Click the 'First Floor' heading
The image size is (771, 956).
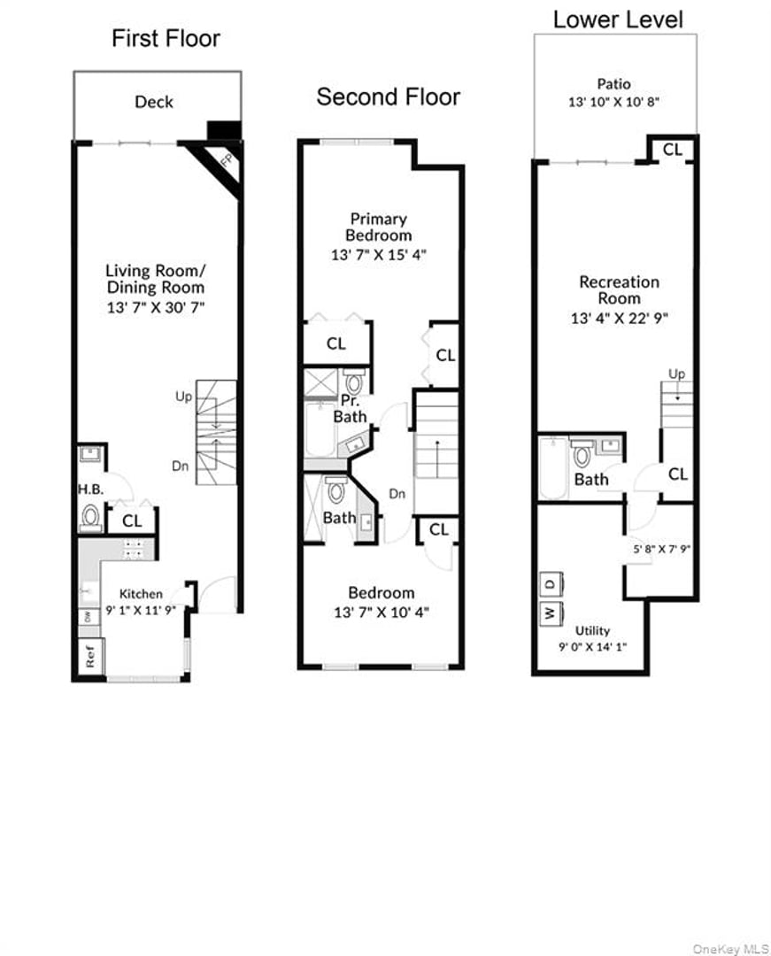pos(166,39)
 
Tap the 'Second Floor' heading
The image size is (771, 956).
pos(389,96)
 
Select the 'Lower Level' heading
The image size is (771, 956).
pos(618,19)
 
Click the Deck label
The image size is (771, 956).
pos(154,102)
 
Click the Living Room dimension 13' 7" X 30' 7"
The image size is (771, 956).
pos(154,307)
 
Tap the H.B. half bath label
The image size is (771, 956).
pos(89,489)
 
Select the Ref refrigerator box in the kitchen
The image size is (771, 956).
pos(89,658)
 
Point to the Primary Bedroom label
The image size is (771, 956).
pos(378,227)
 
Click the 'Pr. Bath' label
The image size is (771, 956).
pos(350,409)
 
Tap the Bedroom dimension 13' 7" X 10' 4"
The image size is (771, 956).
pos(381,612)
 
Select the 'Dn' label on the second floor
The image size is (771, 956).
pos(397,494)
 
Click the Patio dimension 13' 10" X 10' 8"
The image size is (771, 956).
pos(613,102)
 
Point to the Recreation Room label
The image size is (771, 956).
pos(619,289)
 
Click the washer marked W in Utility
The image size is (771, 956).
pos(550,613)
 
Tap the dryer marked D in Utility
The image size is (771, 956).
pos(550,584)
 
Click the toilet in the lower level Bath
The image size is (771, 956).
pos(582,457)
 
